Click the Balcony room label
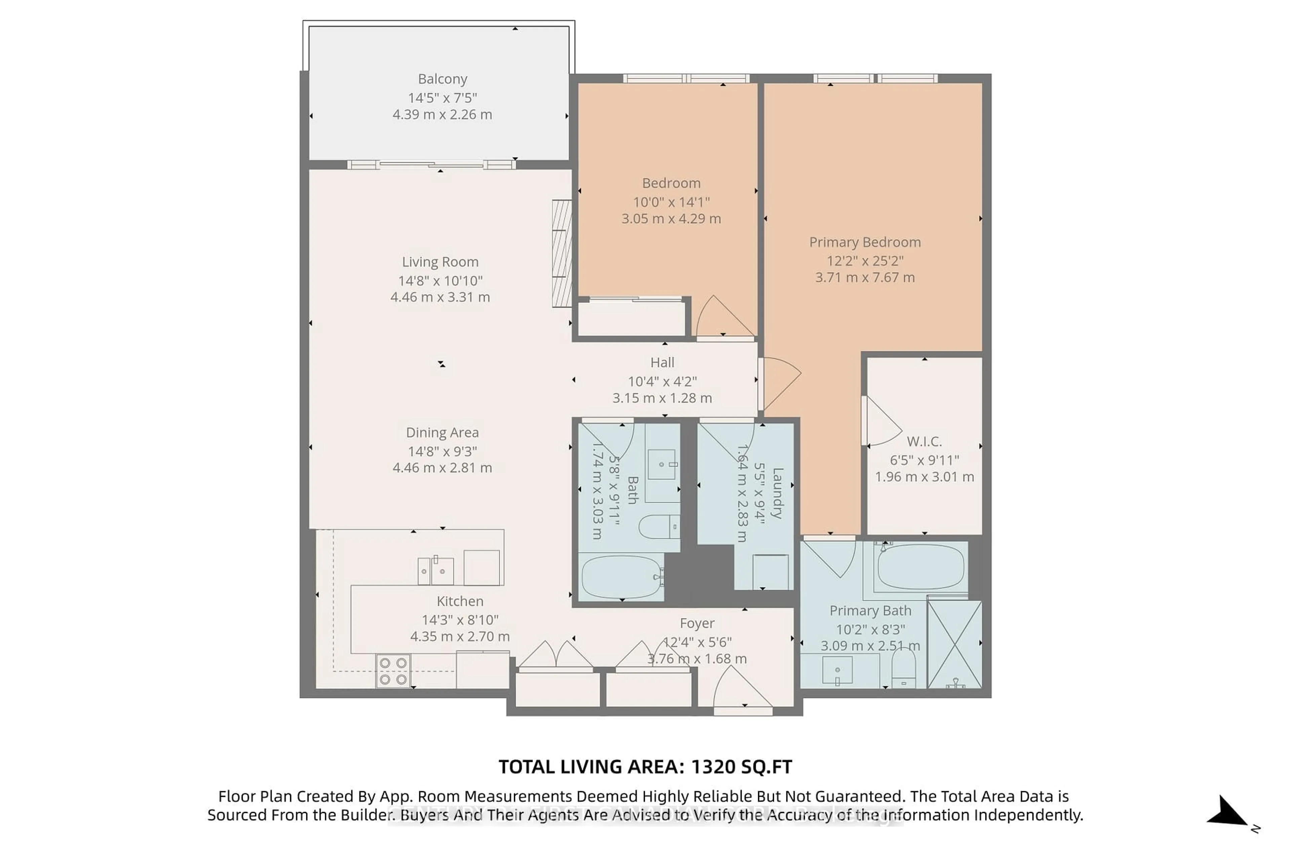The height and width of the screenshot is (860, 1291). (442, 79)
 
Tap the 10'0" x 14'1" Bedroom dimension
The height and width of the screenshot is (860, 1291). (671, 202)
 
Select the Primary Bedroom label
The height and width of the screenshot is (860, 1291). (864, 242)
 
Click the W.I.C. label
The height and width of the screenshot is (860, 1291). (924, 441)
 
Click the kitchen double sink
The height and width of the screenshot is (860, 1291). (436, 571)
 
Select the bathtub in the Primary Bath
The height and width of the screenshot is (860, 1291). (921, 567)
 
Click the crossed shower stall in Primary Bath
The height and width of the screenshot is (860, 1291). (954, 644)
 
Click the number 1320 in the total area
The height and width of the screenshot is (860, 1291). (713, 767)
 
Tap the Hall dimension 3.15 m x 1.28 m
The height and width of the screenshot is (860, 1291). (662, 398)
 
